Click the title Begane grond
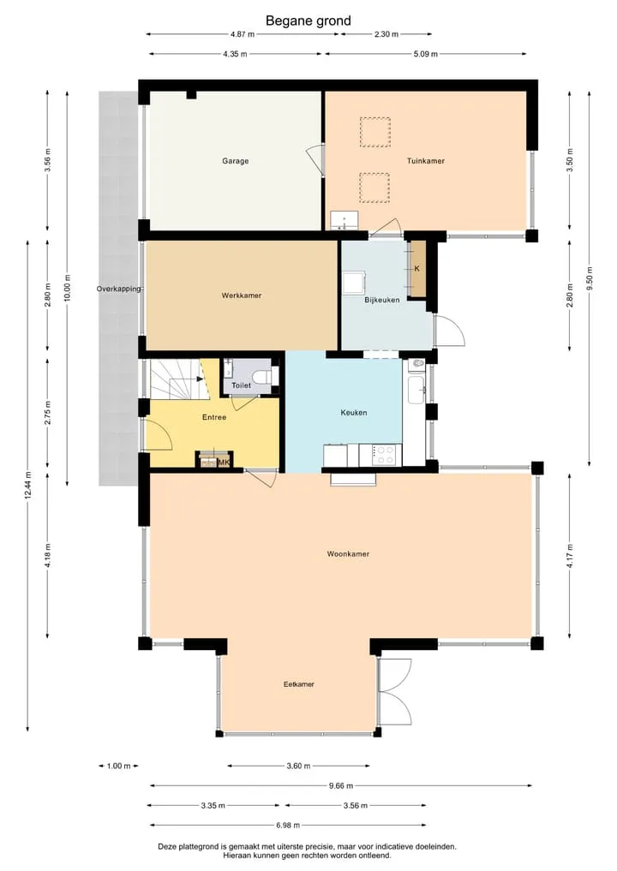308,21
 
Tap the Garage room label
235,161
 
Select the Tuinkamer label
426,161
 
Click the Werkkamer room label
242,295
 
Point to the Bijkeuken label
382,300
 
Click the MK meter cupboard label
225,462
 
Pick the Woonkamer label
348,554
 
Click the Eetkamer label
299,684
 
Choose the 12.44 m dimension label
27,485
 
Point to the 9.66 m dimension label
341,785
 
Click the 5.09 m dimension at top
425,54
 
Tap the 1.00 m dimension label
118,766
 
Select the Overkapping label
119,289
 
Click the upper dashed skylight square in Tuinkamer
374,132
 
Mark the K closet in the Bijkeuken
417,269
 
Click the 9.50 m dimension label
590,278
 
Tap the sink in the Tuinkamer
344,220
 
